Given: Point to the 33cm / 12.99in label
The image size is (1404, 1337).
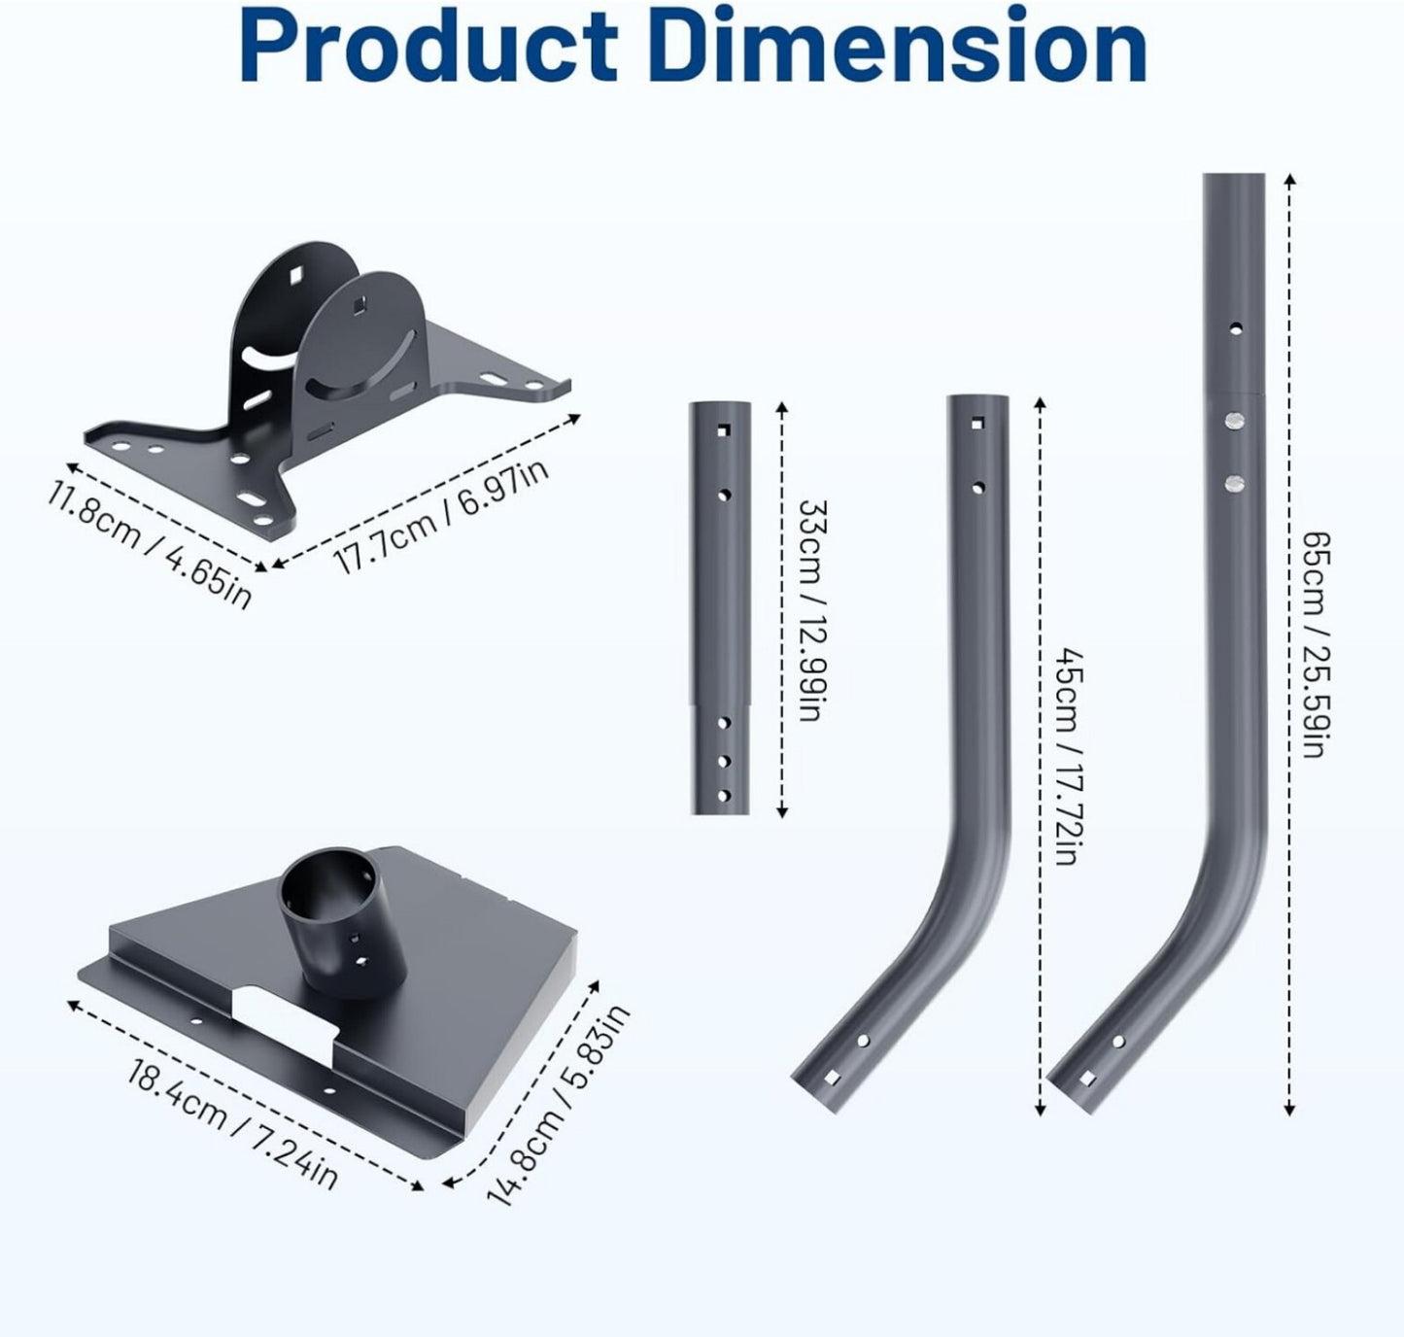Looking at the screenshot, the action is click(812, 610).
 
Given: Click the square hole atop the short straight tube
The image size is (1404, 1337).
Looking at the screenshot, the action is click(724, 430).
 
